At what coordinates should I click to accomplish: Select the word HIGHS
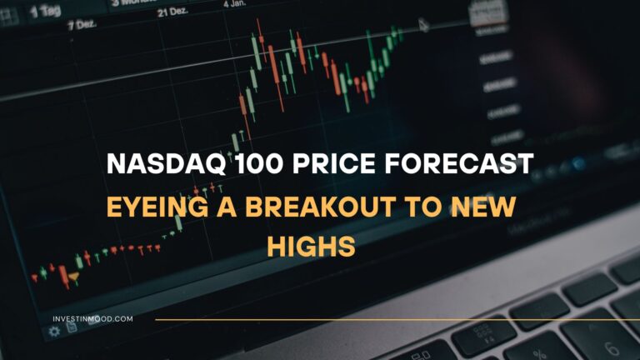[x=319, y=246]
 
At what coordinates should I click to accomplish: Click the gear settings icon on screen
[x=55, y=331]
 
